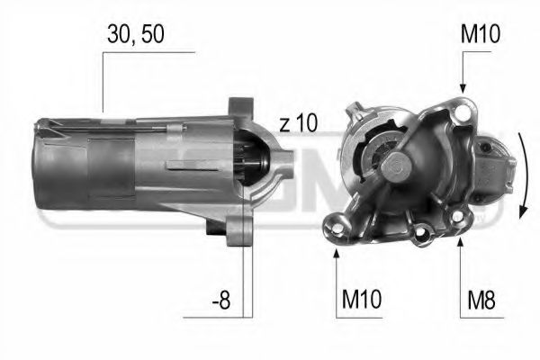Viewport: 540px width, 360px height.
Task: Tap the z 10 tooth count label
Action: (x=298, y=124)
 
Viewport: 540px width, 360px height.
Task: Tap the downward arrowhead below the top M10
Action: (x=463, y=86)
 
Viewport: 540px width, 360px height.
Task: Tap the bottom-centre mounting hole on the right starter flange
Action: (x=419, y=237)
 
